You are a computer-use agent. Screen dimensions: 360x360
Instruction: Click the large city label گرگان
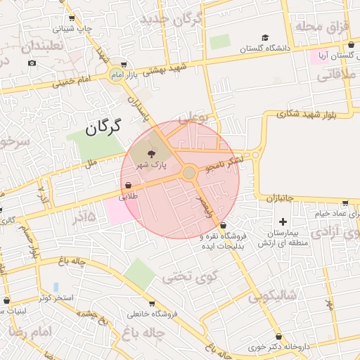pyautogui.click(x=103, y=127)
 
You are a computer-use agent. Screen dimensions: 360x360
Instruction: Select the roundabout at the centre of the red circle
pyautogui.click(x=189, y=172)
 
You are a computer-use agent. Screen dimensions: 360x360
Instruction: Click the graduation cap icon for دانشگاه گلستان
pyautogui.click(x=265, y=38)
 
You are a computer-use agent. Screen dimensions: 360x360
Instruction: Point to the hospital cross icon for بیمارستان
pyautogui.click(x=283, y=221)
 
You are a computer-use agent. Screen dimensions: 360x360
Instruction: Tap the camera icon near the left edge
pyautogui.click(x=32, y=63)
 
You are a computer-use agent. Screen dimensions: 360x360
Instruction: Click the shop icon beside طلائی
pyautogui.click(x=128, y=186)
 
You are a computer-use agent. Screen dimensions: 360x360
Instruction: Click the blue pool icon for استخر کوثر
pyautogui.click(x=56, y=287)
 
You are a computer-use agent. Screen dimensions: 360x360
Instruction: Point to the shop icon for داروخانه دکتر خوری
pyautogui.click(x=281, y=337)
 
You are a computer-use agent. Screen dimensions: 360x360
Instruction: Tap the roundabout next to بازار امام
pyautogui.click(x=115, y=75)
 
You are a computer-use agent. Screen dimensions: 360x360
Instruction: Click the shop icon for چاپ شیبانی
pyautogui.click(x=72, y=18)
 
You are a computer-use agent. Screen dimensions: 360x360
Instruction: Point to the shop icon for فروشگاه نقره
pyautogui.click(x=223, y=226)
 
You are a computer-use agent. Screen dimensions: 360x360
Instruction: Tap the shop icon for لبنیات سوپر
pyautogui.click(x=6, y=300)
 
